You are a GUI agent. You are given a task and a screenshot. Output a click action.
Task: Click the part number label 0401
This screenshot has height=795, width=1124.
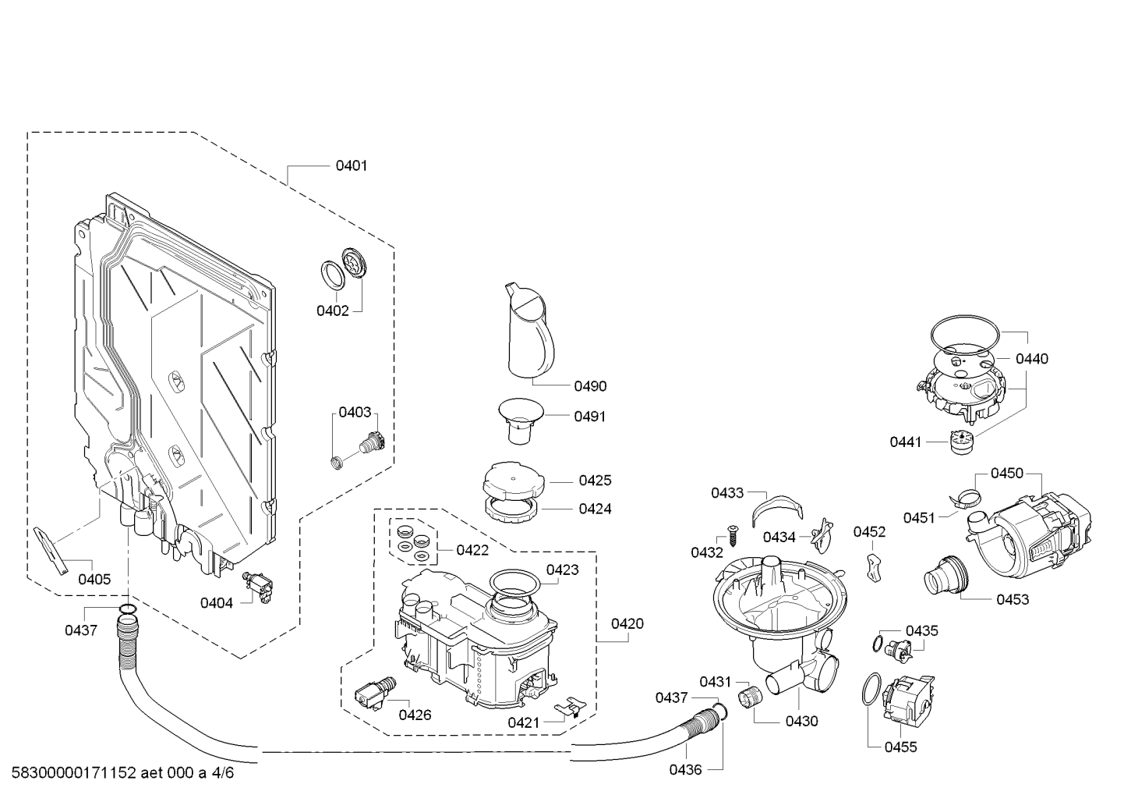(x=352, y=165)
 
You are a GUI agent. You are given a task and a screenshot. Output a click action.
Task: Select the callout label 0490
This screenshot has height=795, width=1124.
(x=590, y=386)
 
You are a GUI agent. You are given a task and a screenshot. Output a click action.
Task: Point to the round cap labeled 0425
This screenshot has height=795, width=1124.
(x=514, y=481)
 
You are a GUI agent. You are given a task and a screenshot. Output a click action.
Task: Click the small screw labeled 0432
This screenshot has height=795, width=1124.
(x=733, y=535)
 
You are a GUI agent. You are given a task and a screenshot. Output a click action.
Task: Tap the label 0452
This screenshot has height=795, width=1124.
(x=870, y=532)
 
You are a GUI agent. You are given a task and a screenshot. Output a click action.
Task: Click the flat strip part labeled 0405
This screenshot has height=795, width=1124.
(x=51, y=551)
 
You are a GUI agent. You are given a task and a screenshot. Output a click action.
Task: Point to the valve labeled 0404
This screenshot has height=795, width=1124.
(x=257, y=585)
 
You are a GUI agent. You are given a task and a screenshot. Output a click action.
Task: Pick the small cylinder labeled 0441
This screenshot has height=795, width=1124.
(x=961, y=442)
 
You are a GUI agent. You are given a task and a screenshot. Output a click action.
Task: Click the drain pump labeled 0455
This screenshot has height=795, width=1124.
(x=907, y=701)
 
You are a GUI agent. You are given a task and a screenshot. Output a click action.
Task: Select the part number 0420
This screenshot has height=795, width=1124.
(x=627, y=623)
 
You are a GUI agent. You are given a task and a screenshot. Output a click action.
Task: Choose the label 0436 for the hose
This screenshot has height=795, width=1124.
(x=685, y=770)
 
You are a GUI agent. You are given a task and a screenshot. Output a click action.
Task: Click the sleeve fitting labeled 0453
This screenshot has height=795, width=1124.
(x=946, y=576)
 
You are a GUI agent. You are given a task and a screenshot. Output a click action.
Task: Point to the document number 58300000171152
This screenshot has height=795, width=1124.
(x=74, y=772)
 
